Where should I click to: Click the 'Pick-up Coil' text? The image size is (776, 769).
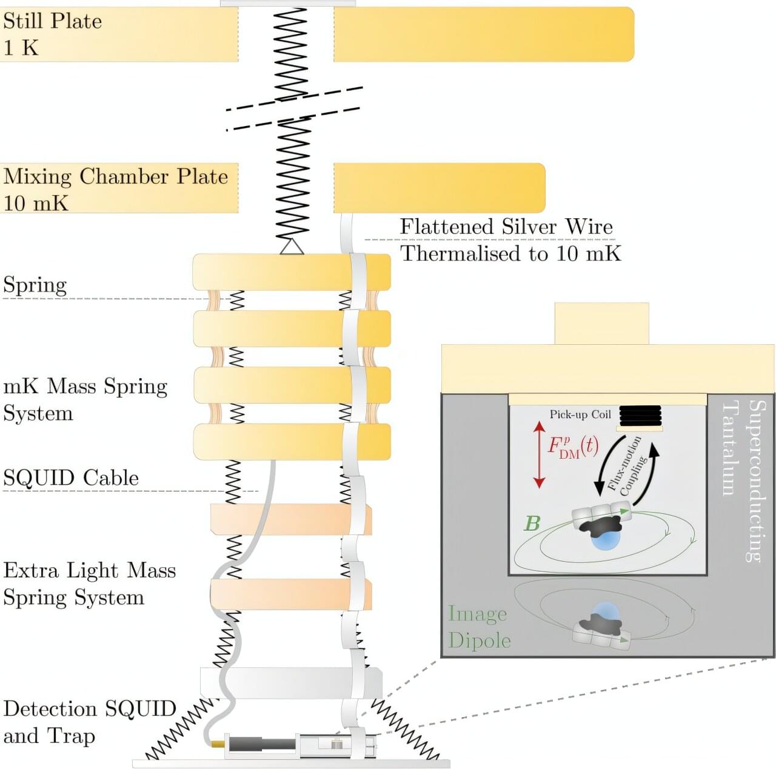click(x=580, y=414)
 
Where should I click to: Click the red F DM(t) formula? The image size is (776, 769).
click(x=573, y=446)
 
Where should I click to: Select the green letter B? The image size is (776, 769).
click(x=532, y=523)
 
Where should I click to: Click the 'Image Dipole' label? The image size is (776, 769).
click(x=479, y=627)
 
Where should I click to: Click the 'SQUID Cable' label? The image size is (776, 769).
click(x=71, y=478)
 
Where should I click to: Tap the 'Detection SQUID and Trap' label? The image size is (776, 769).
click(x=89, y=722)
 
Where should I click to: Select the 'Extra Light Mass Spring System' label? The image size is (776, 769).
click(x=89, y=584)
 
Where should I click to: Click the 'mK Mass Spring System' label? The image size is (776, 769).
click(x=85, y=399)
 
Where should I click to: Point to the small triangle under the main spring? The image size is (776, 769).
click(x=292, y=247)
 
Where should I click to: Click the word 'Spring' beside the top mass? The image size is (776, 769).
click(x=35, y=285)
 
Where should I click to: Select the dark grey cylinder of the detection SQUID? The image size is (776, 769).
click(x=261, y=744)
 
